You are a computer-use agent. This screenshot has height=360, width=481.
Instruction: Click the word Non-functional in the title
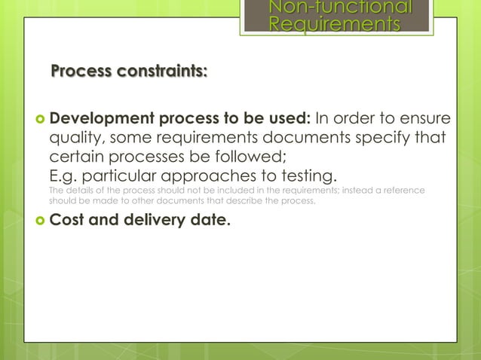pyautogui.click(x=341, y=8)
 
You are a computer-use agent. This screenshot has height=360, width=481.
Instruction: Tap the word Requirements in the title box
pyautogui.click(x=335, y=26)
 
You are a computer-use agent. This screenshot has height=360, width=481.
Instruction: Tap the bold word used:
pyautogui.click(x=287, y=119)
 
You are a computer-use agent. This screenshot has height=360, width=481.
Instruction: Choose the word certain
pyautogui.click(x=78, y=158)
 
